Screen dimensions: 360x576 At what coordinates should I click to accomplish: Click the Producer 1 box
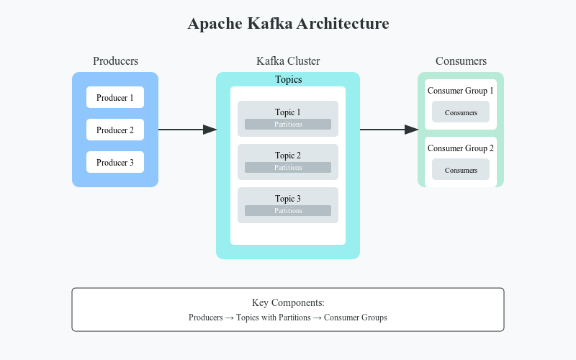click(x=115, y=97)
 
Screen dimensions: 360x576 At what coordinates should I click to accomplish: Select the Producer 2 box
click(x=115, y=130)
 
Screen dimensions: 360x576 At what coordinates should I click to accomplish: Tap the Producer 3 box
click(x=115, y=162)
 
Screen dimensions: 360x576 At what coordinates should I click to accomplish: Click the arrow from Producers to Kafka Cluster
click(x=187, y=130)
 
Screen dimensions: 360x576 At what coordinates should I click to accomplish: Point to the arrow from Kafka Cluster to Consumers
click(x=389, y=130)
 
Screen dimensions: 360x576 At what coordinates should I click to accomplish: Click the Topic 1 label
click(x=288, y=112)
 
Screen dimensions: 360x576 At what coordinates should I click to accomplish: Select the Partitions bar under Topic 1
click(x=288, y=125)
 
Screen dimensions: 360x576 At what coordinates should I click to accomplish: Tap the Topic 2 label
click(x=288, y=156)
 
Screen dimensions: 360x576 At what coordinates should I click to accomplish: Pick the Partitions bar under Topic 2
click(x=288, y=168)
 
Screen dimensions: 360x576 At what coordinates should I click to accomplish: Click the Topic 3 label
click(x=288, y=199)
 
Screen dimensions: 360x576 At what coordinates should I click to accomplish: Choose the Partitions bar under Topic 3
click(x=288, y=211)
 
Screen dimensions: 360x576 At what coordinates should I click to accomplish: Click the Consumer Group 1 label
click(x=461, y=91)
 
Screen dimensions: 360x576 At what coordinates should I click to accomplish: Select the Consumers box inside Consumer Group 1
click(x=461, y=112)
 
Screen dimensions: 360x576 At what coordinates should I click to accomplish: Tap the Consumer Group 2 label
click(x=461, y=148)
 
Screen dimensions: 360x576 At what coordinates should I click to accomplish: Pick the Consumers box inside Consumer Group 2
click(x=461, y=170)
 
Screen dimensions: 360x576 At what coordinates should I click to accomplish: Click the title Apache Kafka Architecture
click(x=288, y=24)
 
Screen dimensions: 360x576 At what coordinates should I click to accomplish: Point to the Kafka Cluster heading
click(x=288, y=61)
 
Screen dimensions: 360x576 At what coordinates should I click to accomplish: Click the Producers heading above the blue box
click(x=115, y=61)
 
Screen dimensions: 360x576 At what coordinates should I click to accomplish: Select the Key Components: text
click(x=288, y=303)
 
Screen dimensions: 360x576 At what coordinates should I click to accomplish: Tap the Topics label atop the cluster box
click(x=288, y=80)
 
